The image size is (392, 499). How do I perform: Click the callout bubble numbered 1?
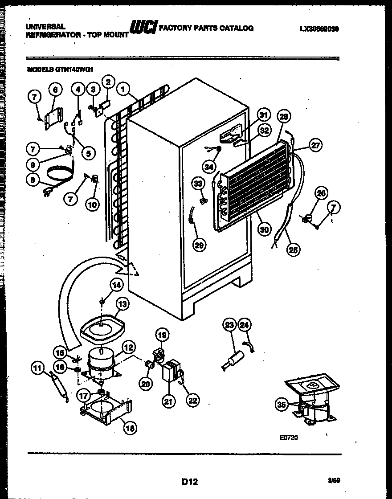point(122,89)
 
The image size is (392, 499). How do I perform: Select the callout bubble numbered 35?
point(280,405)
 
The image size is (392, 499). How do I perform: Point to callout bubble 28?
point(283,117)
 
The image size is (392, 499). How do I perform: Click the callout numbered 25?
point(293,250)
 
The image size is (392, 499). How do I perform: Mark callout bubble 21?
point(167,401)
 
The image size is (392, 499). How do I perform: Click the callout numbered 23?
point(229,325)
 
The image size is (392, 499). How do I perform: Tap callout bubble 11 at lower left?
point(38,368)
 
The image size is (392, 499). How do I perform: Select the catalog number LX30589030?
point(319,29)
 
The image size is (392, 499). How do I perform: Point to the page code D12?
point(189,481)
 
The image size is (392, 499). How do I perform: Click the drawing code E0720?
point(289,438)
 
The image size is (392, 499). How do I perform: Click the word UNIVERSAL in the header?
point(46,27)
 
